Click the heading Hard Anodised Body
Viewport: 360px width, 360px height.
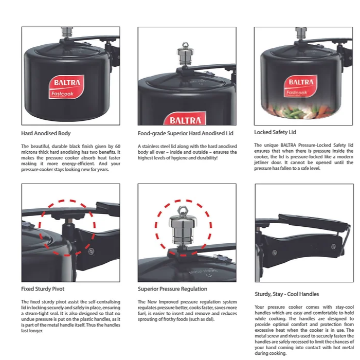coord(46,133)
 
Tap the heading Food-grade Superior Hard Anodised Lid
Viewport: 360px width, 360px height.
coord(185,133)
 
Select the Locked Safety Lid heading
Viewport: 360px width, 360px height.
coord(275,132)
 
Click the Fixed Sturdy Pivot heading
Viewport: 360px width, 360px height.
coord(43,289)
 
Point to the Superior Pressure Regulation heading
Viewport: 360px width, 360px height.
coord(172,289)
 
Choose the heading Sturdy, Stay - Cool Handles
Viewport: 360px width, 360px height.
coord(287,294)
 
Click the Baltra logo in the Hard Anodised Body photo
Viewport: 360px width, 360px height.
coord(66,87)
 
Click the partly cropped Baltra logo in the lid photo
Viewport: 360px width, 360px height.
coord(185,118)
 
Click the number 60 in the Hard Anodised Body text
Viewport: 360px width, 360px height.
coord(118,146)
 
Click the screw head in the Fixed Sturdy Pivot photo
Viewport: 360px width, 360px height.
coord(91,251)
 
